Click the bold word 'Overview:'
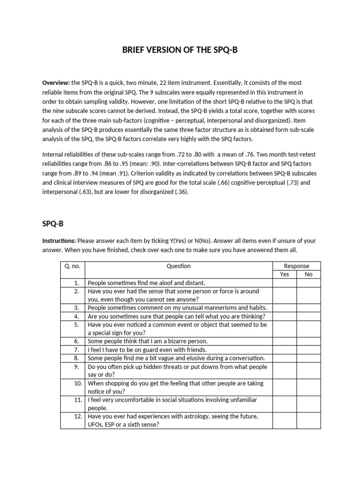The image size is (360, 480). [x=56, y=83]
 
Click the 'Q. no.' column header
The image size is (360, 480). [x=73, y=266]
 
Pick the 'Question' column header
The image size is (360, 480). [x=179, y=266]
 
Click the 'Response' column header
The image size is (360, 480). [x=297, y=266]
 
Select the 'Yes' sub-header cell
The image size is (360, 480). [x=285, y=275]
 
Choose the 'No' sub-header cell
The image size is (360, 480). [x=308, y=275]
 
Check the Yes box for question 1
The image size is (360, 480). [x=285, y=283]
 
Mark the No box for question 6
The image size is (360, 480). [x=308, y=341]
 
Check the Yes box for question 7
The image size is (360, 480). [x=285, y=350]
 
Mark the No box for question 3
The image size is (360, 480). [x=308, y=308]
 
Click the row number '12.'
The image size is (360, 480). [x=78, y=416]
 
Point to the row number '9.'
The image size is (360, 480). [x=79, y=367]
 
